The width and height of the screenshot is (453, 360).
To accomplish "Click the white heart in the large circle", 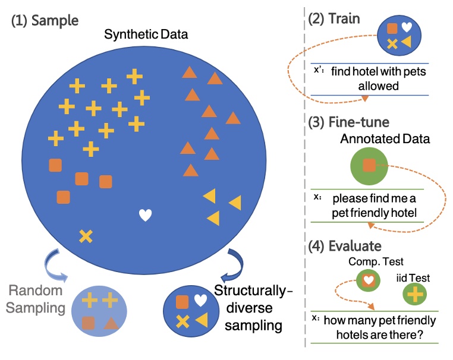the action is tap(145, 215).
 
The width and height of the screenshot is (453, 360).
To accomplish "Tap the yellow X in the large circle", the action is tap(86, 236).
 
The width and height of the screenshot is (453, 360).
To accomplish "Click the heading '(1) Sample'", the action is tap(45, 21).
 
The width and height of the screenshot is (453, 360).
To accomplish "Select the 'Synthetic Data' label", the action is tap(146, 34).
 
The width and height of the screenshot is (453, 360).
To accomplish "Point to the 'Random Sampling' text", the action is tap(35, 299).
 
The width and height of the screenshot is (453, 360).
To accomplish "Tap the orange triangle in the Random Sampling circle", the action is tap(111, 323).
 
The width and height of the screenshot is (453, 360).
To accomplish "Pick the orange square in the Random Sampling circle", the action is tap(89, 323).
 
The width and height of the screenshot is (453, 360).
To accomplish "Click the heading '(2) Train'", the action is tap(334, 19).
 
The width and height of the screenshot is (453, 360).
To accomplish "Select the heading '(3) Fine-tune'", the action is tap(349, 122).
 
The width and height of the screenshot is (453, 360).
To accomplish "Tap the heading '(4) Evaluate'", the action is tap(345, 246).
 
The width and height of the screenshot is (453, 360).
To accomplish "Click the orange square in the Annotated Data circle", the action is tap(369, 165).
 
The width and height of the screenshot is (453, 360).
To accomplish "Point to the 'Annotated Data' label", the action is tap(385, 139).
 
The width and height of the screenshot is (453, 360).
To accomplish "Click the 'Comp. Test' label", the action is tap(376, 261).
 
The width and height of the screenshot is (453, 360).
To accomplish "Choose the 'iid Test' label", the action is tap(413, 277).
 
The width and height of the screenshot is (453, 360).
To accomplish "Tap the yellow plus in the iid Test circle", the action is tap(414, 294).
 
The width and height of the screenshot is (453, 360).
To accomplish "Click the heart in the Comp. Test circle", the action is tap(369, 280).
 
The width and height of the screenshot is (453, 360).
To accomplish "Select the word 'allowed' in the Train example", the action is tap(379, 86).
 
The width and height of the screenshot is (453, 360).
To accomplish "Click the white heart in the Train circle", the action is tap(407, 27).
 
